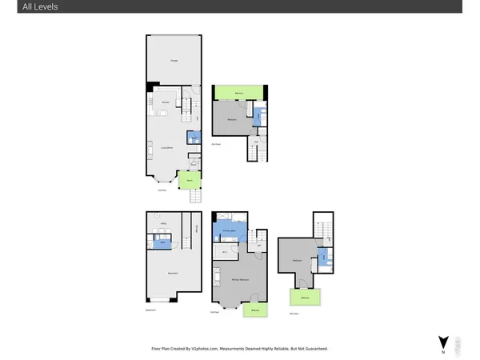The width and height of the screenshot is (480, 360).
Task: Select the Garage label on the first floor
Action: (173, 61)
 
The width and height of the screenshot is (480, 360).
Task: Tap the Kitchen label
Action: (165, 103)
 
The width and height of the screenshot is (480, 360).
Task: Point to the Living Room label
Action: (168, 148)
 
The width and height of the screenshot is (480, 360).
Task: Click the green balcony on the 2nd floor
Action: (239, 94)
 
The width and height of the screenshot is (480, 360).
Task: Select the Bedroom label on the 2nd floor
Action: (232, 119)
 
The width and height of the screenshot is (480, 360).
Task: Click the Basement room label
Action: (172, 274)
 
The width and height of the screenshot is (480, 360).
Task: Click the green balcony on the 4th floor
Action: (306, 298)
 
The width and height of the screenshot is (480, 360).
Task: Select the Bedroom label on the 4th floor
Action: (298, 260)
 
